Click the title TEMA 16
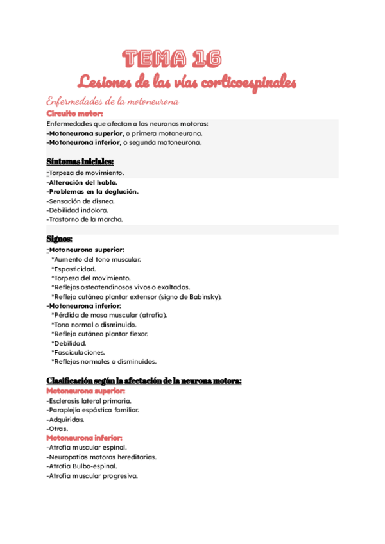(173, 59)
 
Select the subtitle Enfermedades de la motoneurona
(112, 101)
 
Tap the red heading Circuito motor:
(74, 114)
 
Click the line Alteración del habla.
(81, 182)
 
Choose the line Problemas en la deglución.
(92, 191)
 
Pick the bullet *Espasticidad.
(74, 269)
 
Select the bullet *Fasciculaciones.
(78, 352)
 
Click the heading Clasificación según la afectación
(144, 380)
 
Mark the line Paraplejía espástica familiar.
(92, 410)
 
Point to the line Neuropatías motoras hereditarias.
(101, 457)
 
